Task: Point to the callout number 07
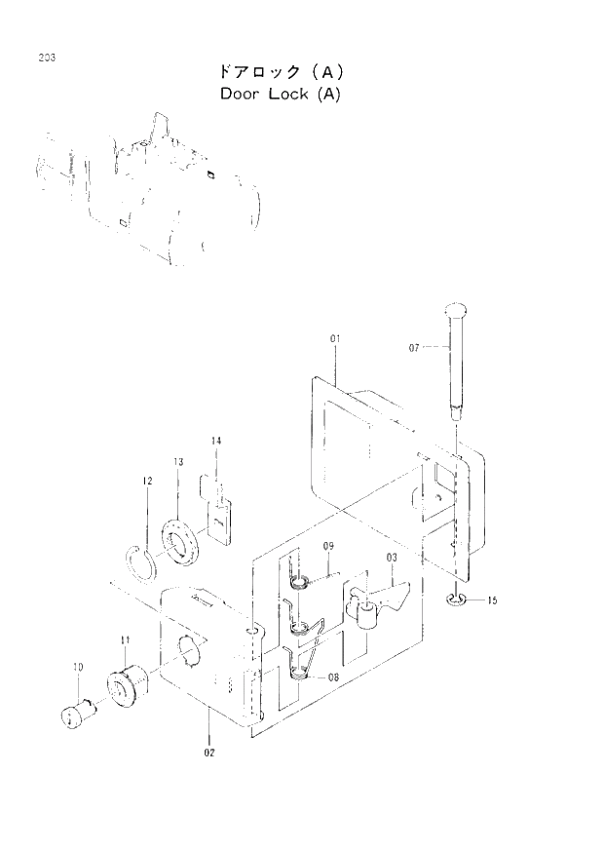point(414,346)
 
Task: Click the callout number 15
point(492,601)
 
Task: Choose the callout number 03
point(393,559)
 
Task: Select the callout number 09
point(329,547)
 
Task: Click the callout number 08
point(333,676)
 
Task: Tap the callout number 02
point(209,752)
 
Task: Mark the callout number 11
point(125,639)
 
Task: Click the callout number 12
point(146,481)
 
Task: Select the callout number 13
point(178,461)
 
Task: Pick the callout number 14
point(216,442)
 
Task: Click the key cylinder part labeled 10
point(74,717)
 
